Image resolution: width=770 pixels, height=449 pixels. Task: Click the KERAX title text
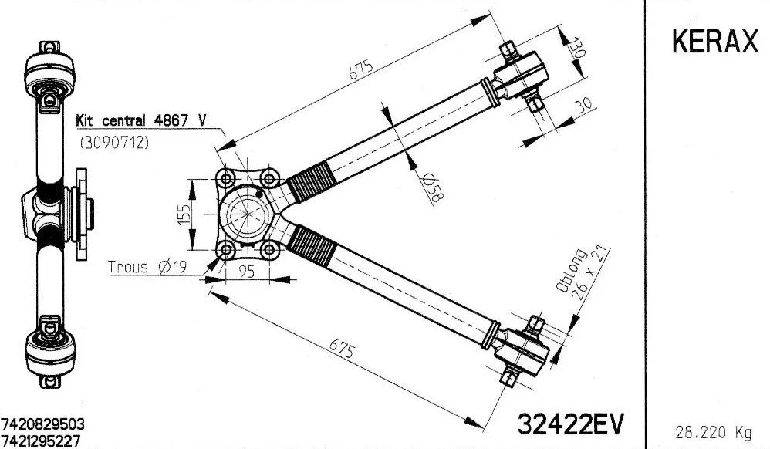(714, 42)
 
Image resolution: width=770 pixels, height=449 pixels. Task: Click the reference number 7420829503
(43, 426)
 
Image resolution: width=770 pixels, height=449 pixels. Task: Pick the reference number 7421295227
(43, 441)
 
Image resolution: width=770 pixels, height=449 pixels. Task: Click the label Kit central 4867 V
(141, 121)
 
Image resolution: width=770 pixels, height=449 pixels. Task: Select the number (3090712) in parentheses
(115, 143)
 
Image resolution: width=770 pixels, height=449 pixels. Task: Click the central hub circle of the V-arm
(248, 214)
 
